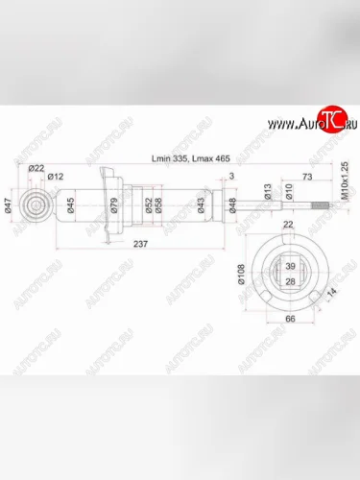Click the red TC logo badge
[x=325, y=123]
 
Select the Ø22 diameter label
[x=37, y=169]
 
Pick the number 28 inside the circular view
[x=290, y=282]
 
